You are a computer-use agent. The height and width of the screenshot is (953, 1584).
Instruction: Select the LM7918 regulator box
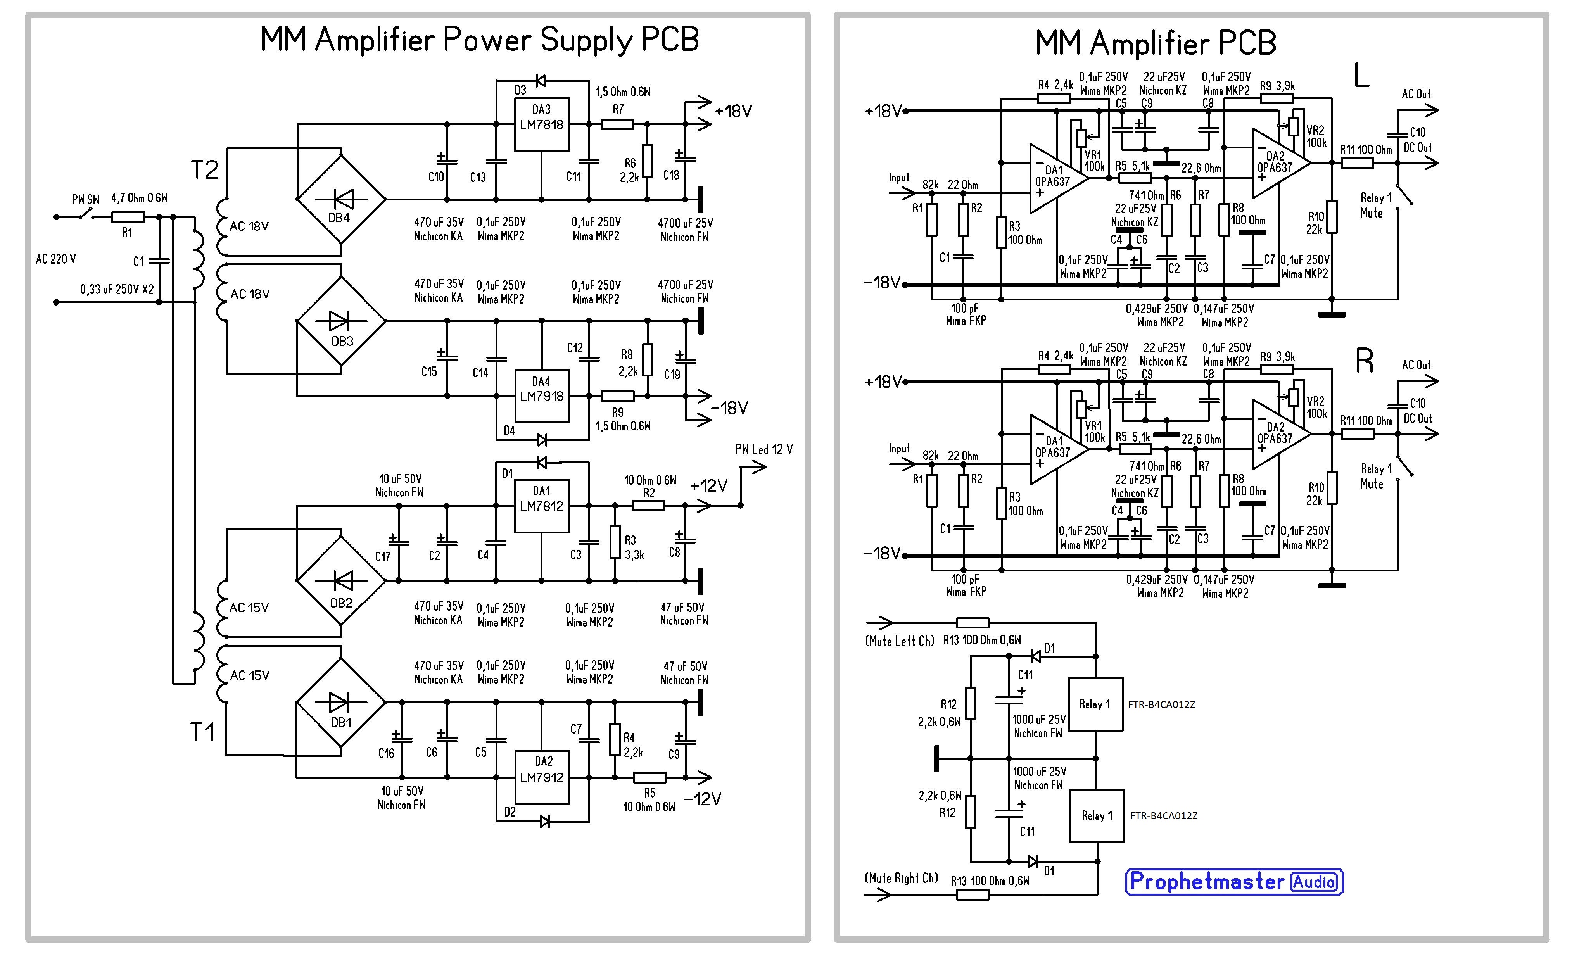(542, 395)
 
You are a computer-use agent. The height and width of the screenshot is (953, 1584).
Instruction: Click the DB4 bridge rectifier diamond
(340, 199)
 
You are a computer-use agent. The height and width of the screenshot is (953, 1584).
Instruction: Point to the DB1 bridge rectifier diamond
(340, 703)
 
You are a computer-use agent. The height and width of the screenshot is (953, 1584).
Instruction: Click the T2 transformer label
(205, 170)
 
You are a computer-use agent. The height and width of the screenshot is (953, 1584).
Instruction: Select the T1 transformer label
(202, 732)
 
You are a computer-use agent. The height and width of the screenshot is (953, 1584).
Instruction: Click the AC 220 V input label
(56, 259)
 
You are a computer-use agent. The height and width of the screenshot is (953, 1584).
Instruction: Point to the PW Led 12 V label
(763, 449)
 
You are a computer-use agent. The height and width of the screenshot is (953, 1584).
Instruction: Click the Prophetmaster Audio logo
(1234, 882)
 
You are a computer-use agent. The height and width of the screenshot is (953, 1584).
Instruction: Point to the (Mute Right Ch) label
(902, 878)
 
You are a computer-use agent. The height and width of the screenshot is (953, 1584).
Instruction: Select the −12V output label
(703, 799)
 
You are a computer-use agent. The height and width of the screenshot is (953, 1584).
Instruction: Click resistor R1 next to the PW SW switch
(128, 217)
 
